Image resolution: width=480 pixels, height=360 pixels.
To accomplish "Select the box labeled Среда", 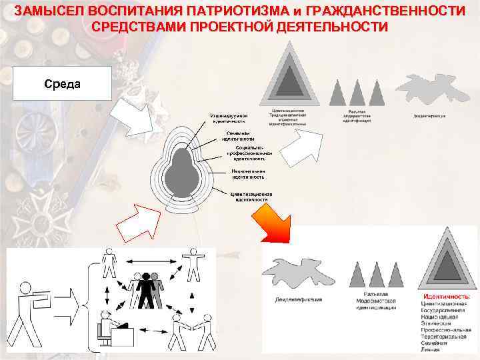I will [62, 84].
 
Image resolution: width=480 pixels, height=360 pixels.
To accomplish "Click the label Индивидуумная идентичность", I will [228, 118].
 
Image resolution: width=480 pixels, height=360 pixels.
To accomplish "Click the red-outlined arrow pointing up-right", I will [136, 223].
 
